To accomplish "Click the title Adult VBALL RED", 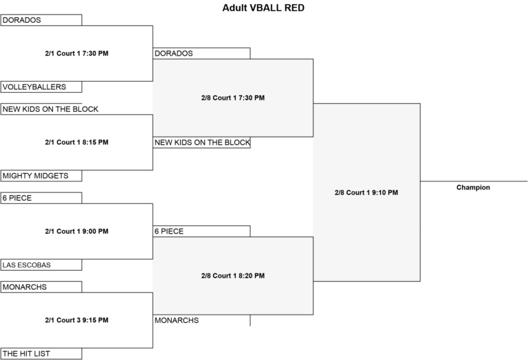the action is pyautogui.click(x=263, y=8).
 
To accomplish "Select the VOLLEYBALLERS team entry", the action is pyautogui.click(x=34, y=87).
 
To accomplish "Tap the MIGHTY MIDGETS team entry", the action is pyautogui.click(x=35, y=176).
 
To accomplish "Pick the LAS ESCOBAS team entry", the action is pyautogui.click(x=27, y=265).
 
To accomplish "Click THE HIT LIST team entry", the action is pyautogui.click(x=26, y=354).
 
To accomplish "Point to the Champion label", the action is pyautogui.click(x=473, y=188).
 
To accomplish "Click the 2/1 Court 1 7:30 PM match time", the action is pyautogui.click(x=77, y=53).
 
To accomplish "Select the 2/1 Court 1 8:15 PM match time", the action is pyautogui.click(x=77, y=142).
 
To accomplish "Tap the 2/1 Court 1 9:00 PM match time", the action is pyautogui.click(x=77, y=231).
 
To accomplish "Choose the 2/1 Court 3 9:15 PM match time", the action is pyautogui.click(x=77, y=320).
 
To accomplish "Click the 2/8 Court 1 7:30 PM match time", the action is pyautogui.click(x=233, y=98).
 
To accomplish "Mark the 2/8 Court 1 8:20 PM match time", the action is pyautogui.click(x=233, y=275).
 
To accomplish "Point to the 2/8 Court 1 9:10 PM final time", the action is pyautogui.click(x=366, y=192).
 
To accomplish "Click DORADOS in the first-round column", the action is pyautogui.click(x=22, y=20).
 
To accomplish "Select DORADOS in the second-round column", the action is pyautogui.click(x=174, y=53).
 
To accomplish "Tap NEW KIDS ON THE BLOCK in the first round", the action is pyautogui.click(x=50, y=109).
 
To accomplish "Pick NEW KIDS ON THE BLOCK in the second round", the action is pyautogui.click(x=202, y=142).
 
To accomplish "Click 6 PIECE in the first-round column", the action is pyautogui.click(x=17, y=198).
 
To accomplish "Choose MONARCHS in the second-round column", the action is pyautogui.click(x=177, y=320).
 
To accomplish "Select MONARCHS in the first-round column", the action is pyautogui.click(x=25, y=287).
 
